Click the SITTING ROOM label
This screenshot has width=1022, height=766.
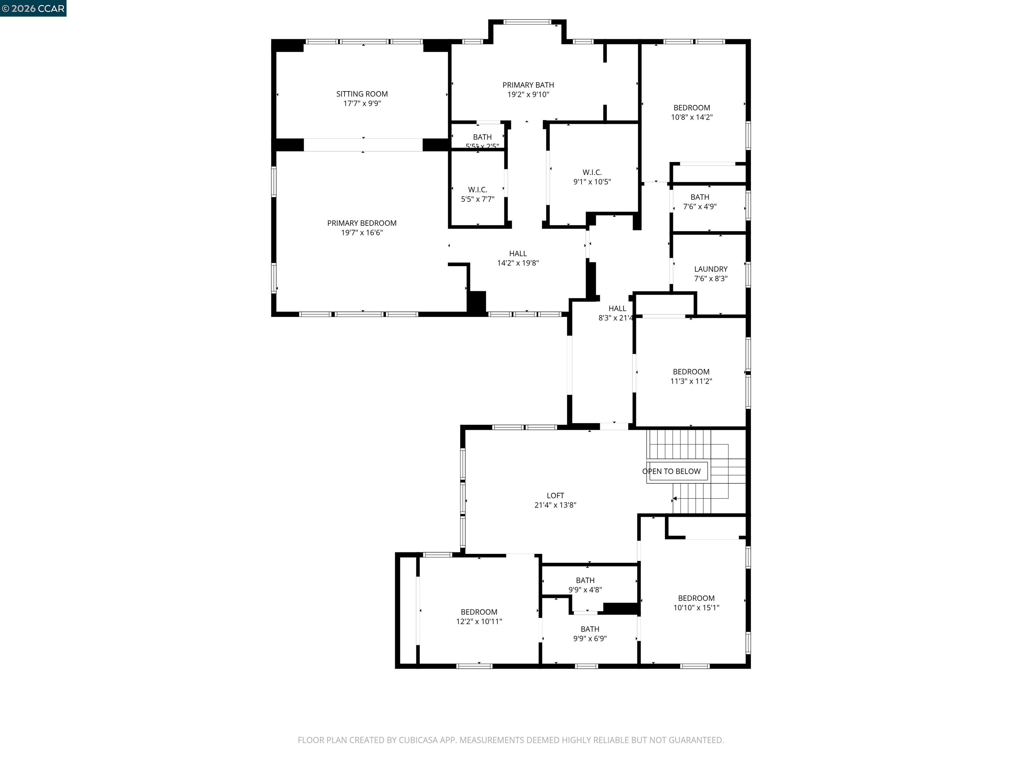362,94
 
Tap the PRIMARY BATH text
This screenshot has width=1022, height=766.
528,85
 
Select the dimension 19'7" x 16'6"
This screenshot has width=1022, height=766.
362,233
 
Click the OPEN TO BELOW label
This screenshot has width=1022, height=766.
671,471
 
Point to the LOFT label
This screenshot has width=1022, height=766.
555,495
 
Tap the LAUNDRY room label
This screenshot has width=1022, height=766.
711,269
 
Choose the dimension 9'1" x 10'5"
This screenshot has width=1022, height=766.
592,182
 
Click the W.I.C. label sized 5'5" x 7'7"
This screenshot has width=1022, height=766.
477,190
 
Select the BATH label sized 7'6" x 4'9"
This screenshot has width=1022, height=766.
700,197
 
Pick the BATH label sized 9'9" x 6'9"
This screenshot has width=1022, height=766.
590,629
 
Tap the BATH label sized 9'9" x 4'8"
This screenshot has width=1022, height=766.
585,580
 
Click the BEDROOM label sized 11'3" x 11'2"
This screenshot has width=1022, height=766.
691,372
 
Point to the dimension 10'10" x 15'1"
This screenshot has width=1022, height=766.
696,608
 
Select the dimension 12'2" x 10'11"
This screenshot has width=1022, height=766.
479,621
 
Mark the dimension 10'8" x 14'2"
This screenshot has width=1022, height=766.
691,117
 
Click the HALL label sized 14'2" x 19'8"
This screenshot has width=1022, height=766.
517,253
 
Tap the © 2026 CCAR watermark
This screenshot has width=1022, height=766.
33,8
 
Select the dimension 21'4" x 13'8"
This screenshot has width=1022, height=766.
555,505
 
